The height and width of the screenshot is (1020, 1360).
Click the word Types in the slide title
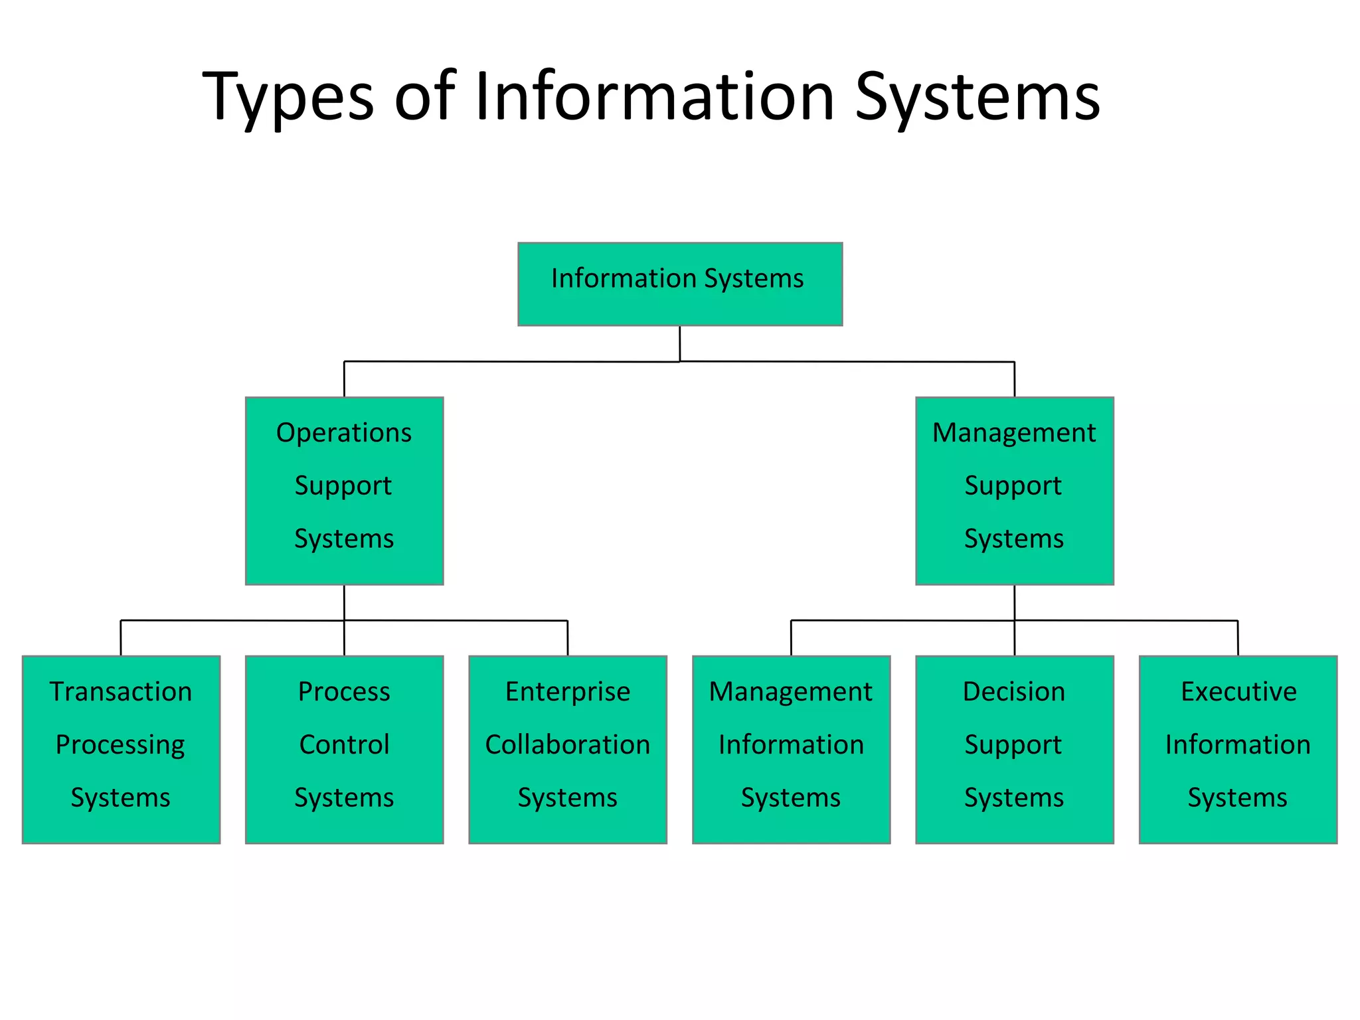click(x=288, y=97)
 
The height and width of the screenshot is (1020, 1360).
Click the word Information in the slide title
click(x=654, y=97)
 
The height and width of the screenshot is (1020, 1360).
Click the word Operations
click(x=344, y=433)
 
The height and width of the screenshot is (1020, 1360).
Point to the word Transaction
click(x=121, y=692)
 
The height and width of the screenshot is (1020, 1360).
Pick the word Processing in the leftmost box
click(x=120, y=745)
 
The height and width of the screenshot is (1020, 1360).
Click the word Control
click(x=344, y=745)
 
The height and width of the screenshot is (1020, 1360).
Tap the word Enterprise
click(x=568, y=692)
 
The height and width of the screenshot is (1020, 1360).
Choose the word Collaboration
click(x=568, y=745)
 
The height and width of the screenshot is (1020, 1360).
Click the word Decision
click(x=1014, y=692)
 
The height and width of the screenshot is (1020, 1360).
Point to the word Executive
click(x=1238, y=692)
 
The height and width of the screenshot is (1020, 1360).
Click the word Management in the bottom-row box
click(x=790, y=692)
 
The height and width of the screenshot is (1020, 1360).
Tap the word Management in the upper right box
click(x=1014, y=433)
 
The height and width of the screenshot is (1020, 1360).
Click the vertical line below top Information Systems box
click(x=679, y=343)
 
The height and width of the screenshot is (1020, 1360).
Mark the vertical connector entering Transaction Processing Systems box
click(x=121, y=638)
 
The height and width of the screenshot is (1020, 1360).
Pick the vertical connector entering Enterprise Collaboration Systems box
click(x=568, y=638)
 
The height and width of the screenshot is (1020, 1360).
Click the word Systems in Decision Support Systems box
click(x=1014, y=798)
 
